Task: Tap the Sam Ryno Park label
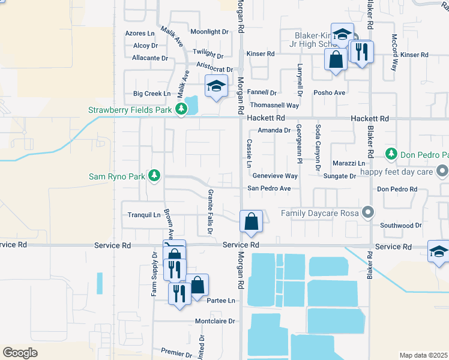click(x=117, y=176)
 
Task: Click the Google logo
click(x=20, y=352)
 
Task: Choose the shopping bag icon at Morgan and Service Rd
click(x=251, y=221)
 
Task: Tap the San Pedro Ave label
click(x=270, y=188)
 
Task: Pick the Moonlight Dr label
click(x=209, y=31)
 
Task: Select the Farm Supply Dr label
click(x=154, y=274)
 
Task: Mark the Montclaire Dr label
click(x=214, y=321)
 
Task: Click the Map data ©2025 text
click(x=423, y=355)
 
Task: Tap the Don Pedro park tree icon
click(x=391, y=154)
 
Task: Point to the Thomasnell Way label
click(x=276, y=105)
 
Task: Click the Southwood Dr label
click(x=401, y=226)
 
